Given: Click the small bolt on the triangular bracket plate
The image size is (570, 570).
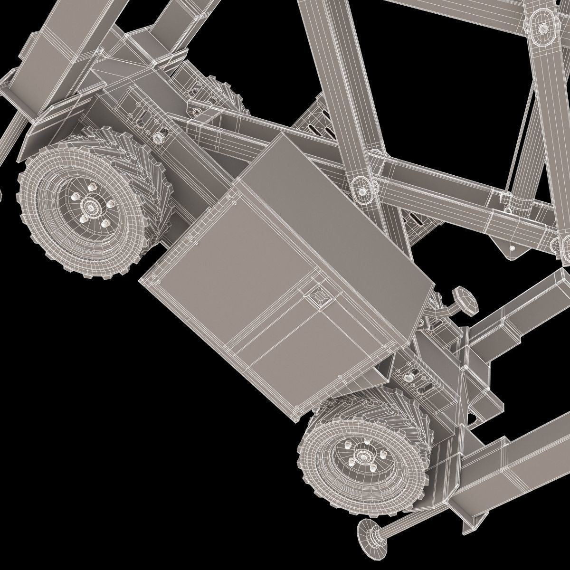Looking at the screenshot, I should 512,247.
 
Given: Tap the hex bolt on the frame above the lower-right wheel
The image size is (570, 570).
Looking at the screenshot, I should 408,377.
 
